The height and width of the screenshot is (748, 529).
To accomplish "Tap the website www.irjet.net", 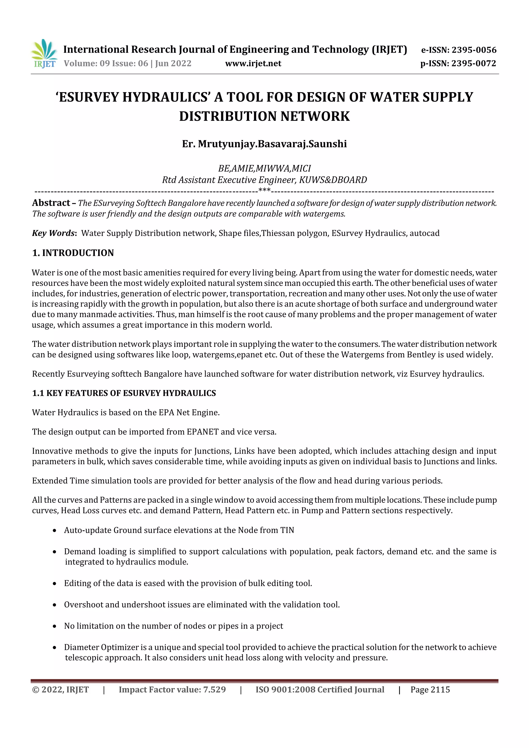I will click(253, 63).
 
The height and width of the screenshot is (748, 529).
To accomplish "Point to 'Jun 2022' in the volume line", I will click(173, 63).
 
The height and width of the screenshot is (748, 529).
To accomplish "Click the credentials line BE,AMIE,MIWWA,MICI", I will click(264, 168).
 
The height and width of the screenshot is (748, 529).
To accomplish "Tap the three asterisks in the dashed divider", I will click(264, 191).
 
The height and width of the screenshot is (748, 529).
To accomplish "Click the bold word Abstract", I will click(51, 203).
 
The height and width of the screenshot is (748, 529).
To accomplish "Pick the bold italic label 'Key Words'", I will click(53, 233).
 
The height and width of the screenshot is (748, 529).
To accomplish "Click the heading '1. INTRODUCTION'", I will click(73, 253).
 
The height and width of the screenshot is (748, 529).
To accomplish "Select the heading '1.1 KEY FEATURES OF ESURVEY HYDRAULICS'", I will click(124, 393).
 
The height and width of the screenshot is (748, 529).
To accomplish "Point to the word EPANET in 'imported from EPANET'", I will click(203, 432).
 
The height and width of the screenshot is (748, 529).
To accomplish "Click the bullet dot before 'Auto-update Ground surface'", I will click(55, 531).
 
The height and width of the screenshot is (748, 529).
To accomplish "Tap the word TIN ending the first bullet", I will click(287, 530).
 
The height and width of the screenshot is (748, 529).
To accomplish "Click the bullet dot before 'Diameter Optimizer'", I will click(55, 648).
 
